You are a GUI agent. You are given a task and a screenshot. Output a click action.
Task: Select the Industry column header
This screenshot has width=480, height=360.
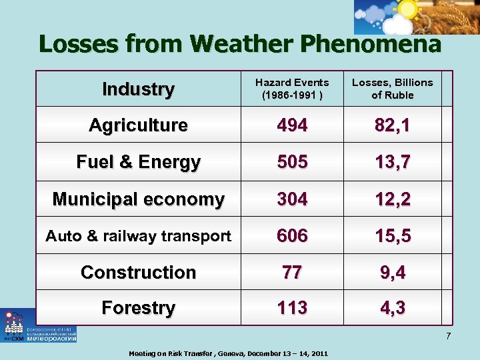point(138,89)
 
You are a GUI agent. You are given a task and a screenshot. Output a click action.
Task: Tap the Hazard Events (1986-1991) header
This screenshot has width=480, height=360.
point(292,89)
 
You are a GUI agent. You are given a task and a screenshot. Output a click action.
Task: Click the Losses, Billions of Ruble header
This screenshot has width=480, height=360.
point(392,89)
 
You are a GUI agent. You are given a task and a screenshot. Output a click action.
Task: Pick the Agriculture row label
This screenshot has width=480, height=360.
point(138,125)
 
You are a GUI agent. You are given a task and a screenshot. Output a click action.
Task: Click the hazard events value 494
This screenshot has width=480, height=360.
point(292,125)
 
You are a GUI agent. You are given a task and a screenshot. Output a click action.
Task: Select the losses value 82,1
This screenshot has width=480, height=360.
point(392,125)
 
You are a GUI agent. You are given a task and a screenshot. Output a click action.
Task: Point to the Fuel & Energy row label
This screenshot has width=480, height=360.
point(138,162)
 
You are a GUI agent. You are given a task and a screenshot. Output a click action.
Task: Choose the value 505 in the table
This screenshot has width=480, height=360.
point(292,162)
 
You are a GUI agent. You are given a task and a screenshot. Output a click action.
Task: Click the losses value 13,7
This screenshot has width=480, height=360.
point(392,162)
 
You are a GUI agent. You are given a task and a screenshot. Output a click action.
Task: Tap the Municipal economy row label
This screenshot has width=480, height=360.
point(138,199)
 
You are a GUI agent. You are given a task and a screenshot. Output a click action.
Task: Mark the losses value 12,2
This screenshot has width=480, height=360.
point(392,199)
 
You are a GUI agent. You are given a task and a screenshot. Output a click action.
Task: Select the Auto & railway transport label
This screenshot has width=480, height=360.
point(138,235)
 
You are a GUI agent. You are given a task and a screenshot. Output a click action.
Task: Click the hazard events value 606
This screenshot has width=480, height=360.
point(292,235)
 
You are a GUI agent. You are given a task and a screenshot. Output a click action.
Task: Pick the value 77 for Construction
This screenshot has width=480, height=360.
point(292,272)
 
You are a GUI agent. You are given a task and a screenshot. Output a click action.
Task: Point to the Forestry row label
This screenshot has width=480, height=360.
point(138,307)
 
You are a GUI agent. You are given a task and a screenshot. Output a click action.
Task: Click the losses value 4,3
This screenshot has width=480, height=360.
point(392,307)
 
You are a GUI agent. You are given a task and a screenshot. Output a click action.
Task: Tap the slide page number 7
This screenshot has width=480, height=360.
point(448,335)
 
